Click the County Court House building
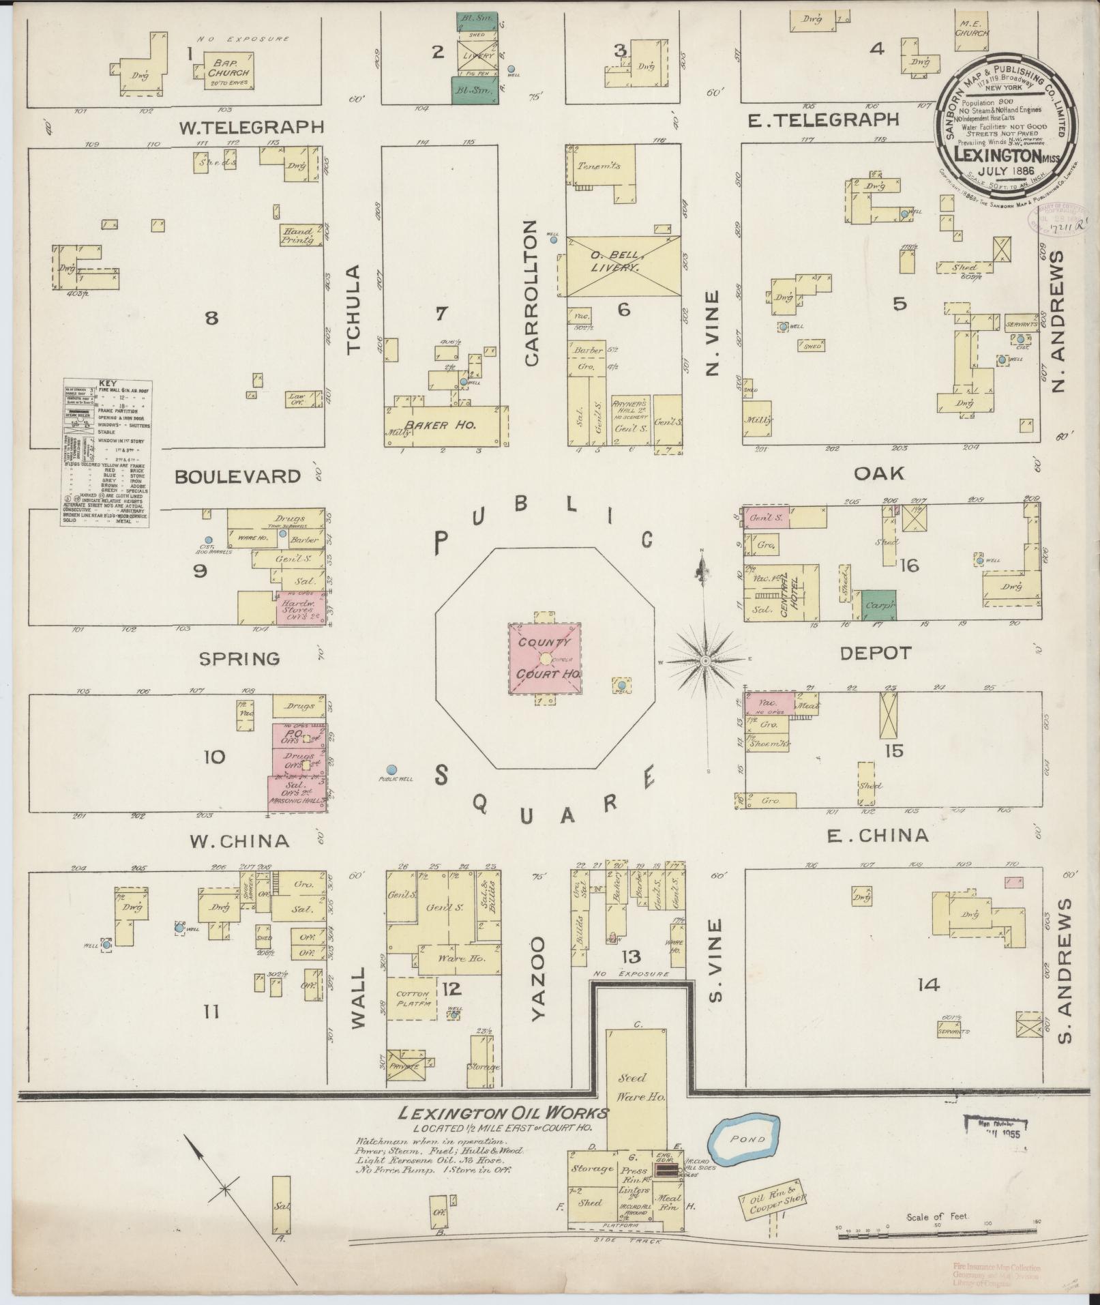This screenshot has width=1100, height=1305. coord(545,659)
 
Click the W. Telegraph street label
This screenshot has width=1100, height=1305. coord(250,127)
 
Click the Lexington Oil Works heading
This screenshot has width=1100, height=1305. coord(503,1113)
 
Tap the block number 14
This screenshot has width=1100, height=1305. coord(929,985)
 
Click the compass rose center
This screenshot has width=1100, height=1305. coord(706,660)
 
